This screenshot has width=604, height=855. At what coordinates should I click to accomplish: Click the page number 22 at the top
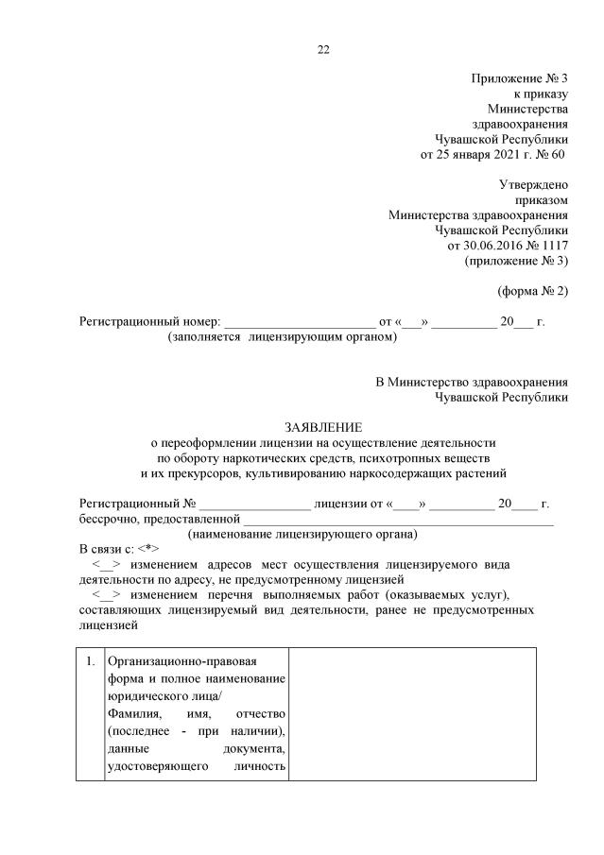click(323, 49)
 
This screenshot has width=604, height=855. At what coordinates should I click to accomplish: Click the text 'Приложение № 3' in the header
click(519, 77)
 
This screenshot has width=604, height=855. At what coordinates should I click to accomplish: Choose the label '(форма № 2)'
click(532, 290)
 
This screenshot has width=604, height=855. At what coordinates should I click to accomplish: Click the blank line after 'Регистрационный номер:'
click(300, 322)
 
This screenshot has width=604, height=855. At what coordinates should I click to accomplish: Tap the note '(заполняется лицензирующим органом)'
click(283, 336)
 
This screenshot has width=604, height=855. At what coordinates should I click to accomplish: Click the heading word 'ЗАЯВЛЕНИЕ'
click(323, 427)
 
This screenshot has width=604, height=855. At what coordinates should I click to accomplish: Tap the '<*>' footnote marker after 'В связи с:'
click(148, 549)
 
